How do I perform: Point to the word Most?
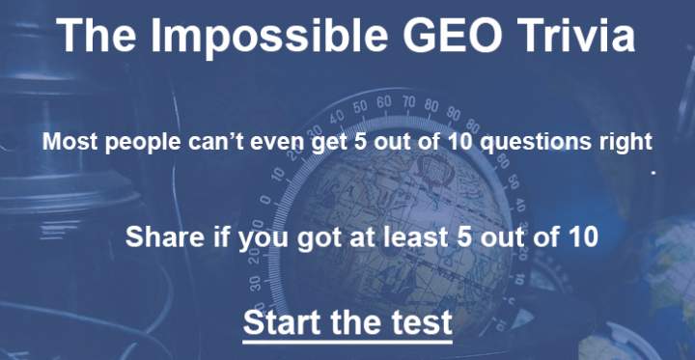pyautogui.click(x=67, y=143)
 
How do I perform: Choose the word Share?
pyautogui.click(x=157, y=235)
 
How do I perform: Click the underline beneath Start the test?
pyautogui.click(x=347, y=340)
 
